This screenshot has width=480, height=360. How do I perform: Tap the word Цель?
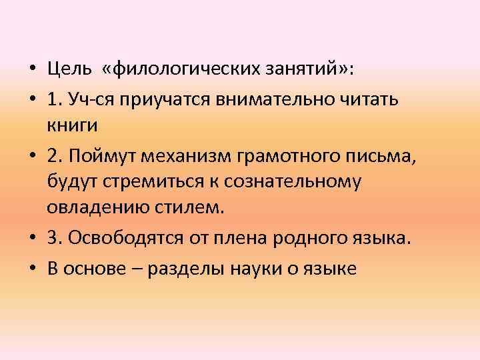coord(67,69)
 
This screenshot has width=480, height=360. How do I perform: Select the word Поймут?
coord(98,157)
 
